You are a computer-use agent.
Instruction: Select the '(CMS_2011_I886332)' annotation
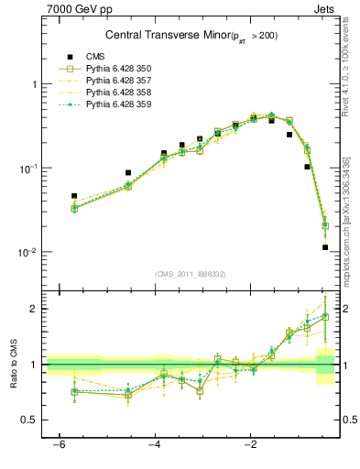click(x=191, y=274)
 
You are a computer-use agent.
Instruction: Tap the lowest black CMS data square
click(x=325, y=247)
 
